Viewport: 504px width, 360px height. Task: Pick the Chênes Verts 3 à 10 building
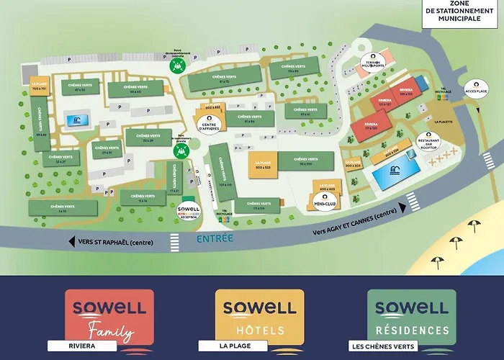click(63, 208)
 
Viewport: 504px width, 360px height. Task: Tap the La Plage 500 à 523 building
click(264, 165)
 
